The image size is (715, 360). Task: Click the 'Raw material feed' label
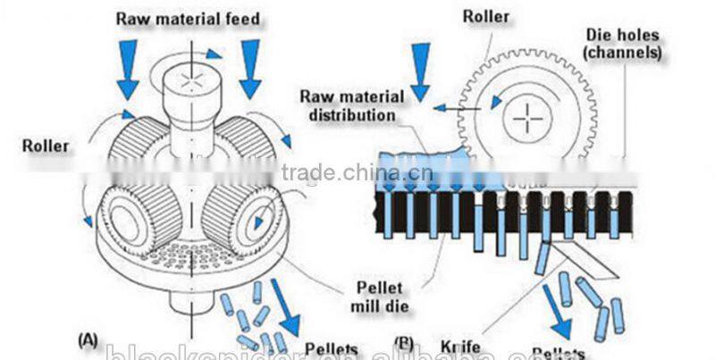click(188, 19)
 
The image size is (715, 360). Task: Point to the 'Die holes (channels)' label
click(622, 44)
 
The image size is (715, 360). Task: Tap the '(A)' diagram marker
click(89, 340)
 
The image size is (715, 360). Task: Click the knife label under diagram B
click(459, 343)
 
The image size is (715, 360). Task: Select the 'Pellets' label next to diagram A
click(331, 348)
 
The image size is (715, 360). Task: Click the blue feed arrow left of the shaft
click(128, 70)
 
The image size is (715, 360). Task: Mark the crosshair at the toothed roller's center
click(528, 116)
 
